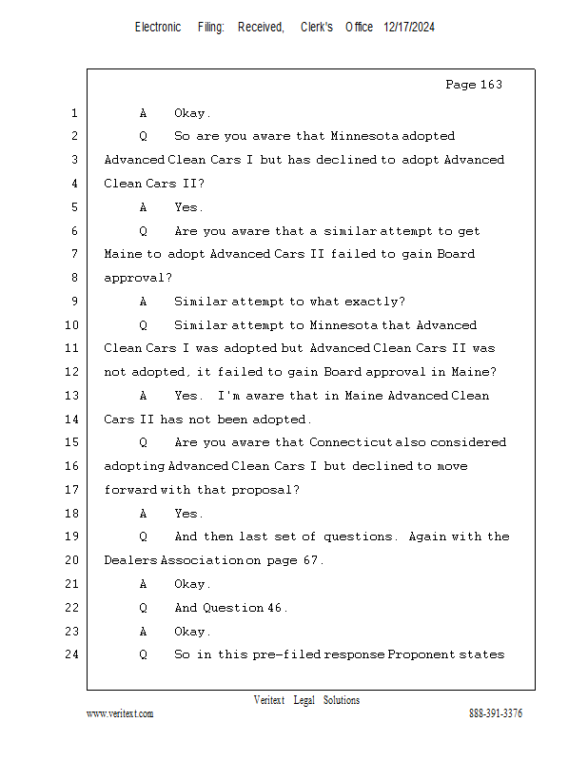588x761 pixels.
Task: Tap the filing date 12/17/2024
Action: [x=409, y=28]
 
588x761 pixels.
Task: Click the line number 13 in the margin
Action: [x=72, y=396]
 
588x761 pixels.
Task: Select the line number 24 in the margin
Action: [x=72, y=654]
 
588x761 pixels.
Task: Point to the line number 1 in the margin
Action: [x=74, y=113]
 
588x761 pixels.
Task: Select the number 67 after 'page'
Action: [x=311, y=560]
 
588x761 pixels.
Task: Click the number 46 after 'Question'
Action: [x=275, y=608]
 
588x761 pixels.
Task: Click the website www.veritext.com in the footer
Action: [x=120, y=713]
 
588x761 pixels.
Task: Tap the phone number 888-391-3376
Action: [x=496, y=713]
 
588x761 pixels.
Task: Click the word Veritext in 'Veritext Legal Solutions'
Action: [x=269, y=700]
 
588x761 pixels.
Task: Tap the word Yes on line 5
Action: [x=187, y=207]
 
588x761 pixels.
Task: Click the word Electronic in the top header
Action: [x=158, y=28]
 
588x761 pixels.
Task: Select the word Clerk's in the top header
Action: [x=317, y=28]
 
